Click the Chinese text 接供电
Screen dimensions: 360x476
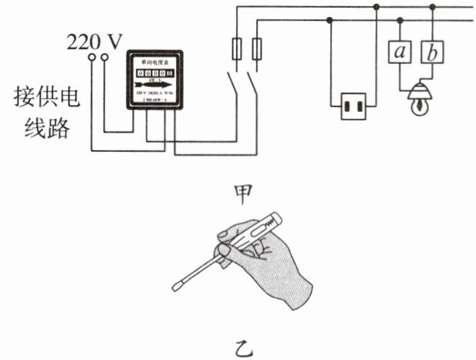(x=42, y=98)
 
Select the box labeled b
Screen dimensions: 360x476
(x=433, y=52)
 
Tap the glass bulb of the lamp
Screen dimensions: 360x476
(x=417, y=106)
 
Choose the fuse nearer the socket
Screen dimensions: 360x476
(x=258, y=50)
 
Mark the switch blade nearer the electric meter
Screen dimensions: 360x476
(x=231, y=84)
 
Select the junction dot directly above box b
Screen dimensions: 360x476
(x=433, y=8)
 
